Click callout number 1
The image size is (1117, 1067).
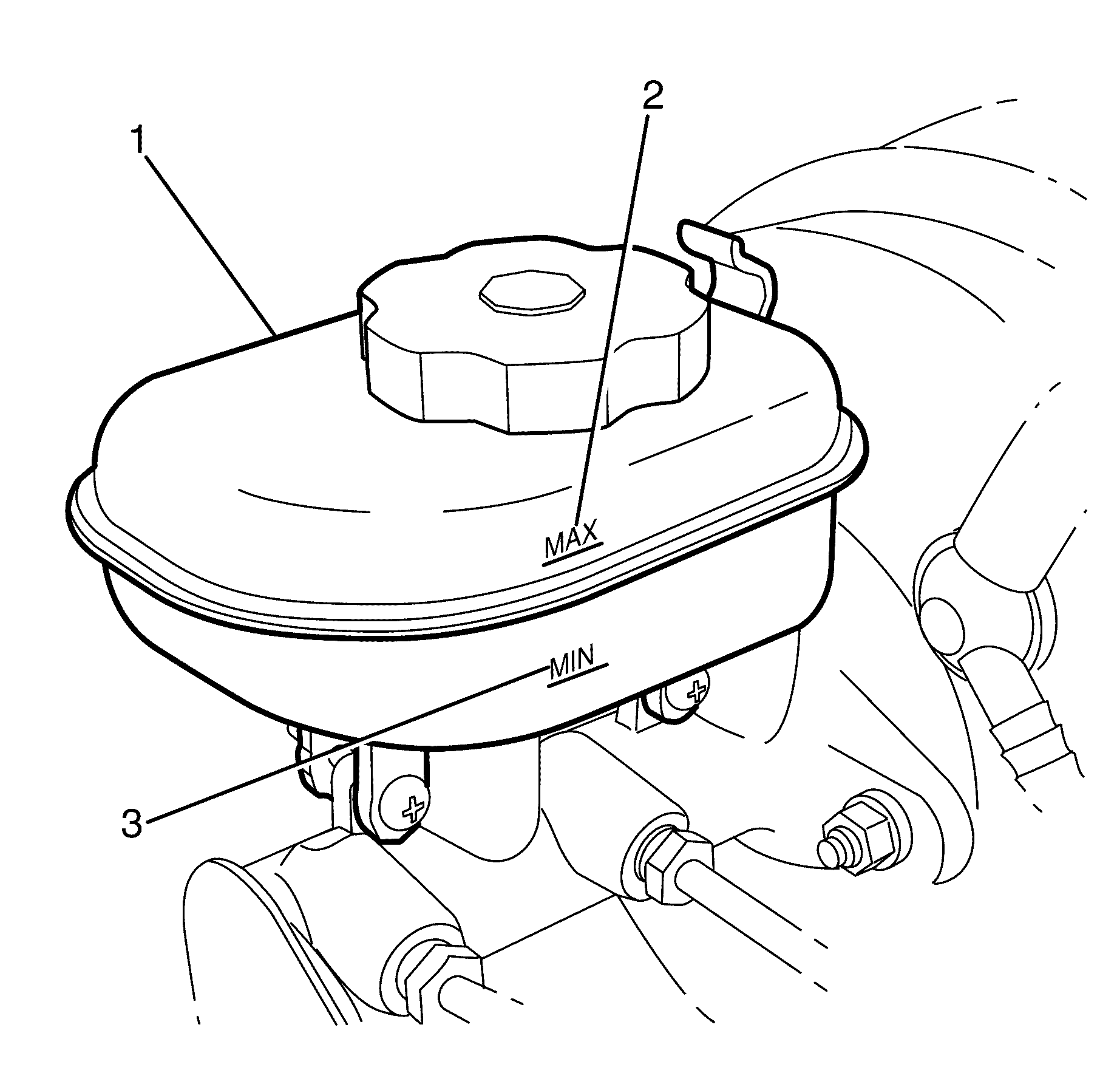point(138,141)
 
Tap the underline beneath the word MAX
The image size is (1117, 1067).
point(572,554)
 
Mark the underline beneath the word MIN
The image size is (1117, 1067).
point(577,676)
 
